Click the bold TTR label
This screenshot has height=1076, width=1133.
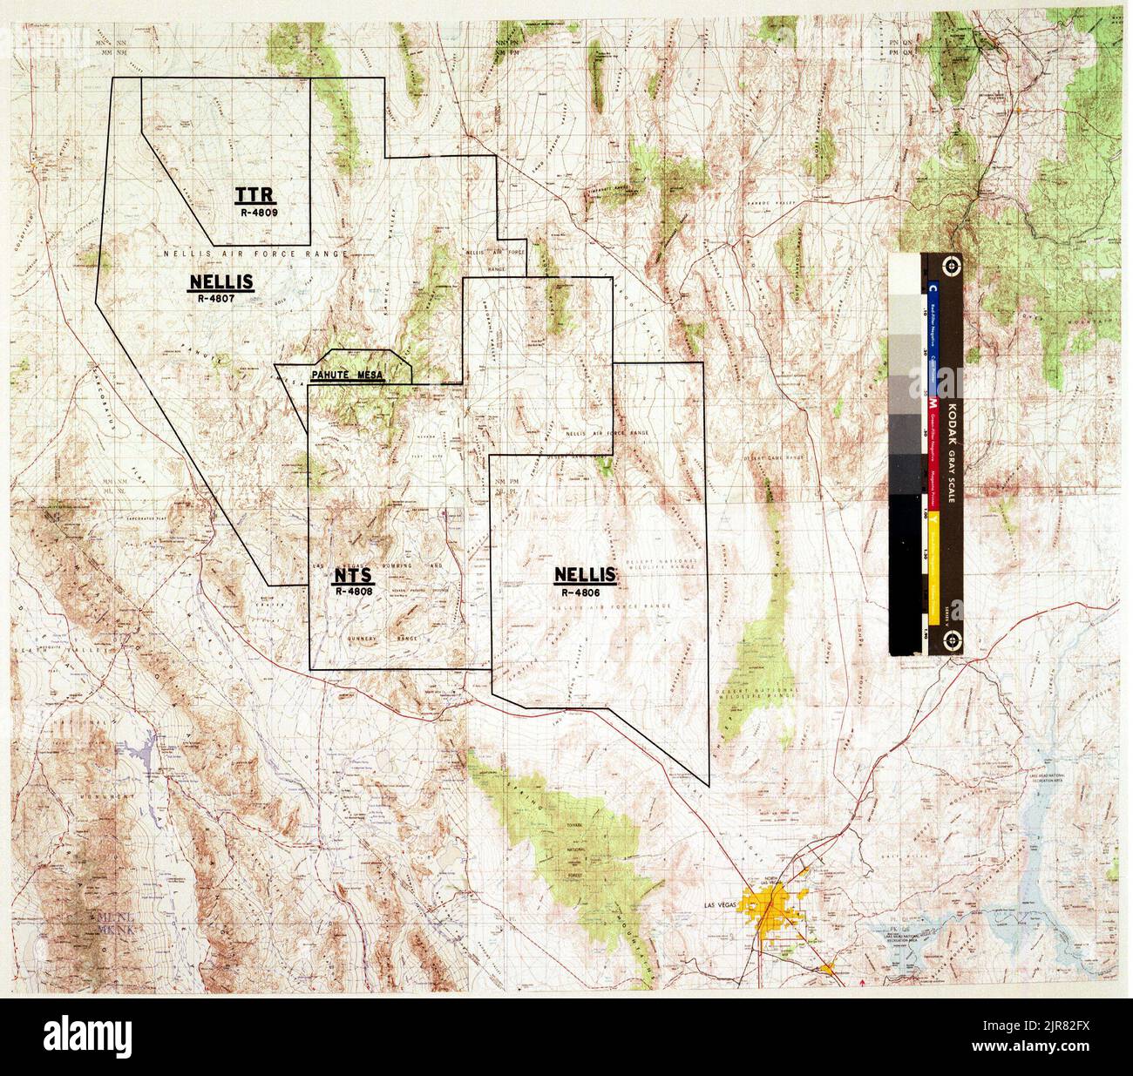[x=252, y=193]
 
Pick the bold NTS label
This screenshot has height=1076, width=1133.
[x=353, y=576]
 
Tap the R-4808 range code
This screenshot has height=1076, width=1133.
[x=354, y=591]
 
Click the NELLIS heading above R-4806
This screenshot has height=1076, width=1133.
[x=587, y=576]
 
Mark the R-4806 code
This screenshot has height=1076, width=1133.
[x=587, y=590]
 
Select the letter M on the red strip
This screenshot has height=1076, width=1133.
[x=933, y=403]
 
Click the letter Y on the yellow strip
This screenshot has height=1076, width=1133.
[x=933, y=519]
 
